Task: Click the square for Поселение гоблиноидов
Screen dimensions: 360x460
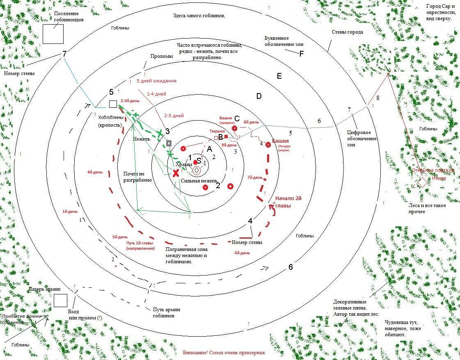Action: click(x=53, y=34)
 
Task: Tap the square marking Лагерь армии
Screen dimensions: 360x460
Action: click(x=60, y=300)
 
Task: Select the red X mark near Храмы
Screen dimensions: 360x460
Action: click(x=176, y=173)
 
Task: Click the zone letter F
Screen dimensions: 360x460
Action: click(x=301, y=54)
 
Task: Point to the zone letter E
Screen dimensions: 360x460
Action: click(x=279, y=76)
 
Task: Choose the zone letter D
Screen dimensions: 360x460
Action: click(x=259, y=96)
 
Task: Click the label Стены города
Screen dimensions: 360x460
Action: click(x=347, y=32)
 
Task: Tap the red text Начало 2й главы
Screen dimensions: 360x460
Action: click(x=288, y=201)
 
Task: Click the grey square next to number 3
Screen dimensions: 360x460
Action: click(x=169, y=143)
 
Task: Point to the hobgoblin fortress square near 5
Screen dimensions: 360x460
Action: click(x=113, y=104)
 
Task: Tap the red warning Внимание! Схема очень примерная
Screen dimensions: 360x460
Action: click(x=224, y=353)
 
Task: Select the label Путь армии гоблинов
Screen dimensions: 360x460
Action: click(x=166, y=312)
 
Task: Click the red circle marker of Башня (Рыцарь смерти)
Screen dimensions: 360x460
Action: click(x=268, y=144)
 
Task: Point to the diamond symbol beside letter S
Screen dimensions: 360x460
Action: click(x=197, y=170)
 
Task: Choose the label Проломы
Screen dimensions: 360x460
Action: click(x=161, y=56)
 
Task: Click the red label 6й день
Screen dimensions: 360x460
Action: click(x=242, y=253)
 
